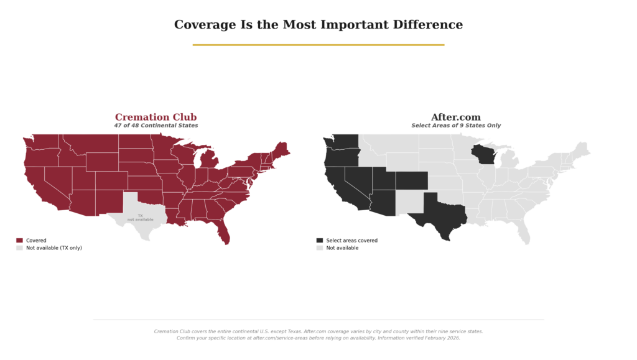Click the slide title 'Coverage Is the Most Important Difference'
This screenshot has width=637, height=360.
coord(318,25)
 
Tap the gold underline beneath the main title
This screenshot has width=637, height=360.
coord(318,45)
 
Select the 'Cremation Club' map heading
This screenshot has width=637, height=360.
coord(156,117)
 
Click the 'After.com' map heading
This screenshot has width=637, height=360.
coord(455,117)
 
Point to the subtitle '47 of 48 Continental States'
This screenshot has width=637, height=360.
coord(156,126)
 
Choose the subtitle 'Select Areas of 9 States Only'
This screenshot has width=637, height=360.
coord(455,126)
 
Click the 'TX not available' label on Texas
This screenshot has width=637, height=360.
coord(140,218)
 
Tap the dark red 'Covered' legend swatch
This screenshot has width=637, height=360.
coord(19,241)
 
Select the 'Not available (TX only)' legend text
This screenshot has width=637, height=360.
coord(53,248)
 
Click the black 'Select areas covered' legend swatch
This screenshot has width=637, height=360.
coord(320,241)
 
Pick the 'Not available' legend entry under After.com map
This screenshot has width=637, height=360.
coord(342,248)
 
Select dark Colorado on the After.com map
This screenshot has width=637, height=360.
coord(411,180)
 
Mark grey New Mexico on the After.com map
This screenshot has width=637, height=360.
coord(407,201)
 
